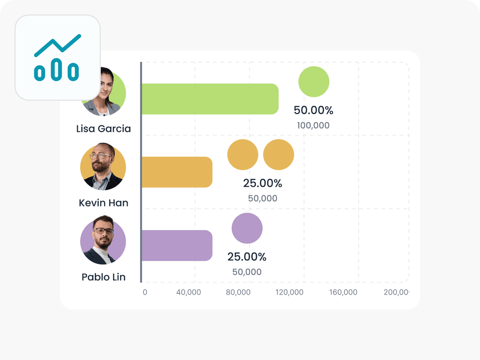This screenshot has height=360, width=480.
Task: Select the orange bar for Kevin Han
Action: (177, 172)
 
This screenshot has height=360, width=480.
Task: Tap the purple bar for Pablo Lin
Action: (177, 245)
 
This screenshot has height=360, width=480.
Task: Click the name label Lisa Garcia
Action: (104, 129)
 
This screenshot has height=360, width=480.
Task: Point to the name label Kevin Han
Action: (104, 203)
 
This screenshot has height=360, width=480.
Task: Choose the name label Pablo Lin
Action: (104, 277)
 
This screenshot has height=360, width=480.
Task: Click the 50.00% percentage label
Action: (313, 110)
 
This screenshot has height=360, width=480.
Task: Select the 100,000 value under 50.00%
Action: (313, 125)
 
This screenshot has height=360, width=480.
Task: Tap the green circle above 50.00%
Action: (314, 82)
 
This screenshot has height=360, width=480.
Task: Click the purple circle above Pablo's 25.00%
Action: (247, 228)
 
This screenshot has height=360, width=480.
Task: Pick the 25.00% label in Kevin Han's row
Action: (263, 183)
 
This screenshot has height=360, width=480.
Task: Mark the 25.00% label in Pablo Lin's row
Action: (247, 257)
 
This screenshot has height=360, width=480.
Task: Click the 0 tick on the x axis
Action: (145, 292)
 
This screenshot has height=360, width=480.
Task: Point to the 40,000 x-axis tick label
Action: (188, 292)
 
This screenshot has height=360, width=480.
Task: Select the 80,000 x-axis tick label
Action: (238, 292)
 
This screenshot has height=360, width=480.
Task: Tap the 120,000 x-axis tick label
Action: (289, 292)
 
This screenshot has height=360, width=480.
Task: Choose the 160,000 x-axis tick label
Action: (344, 292)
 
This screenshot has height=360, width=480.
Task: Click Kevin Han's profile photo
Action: (103, 167)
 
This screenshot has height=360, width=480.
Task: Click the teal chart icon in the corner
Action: (57, 58)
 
